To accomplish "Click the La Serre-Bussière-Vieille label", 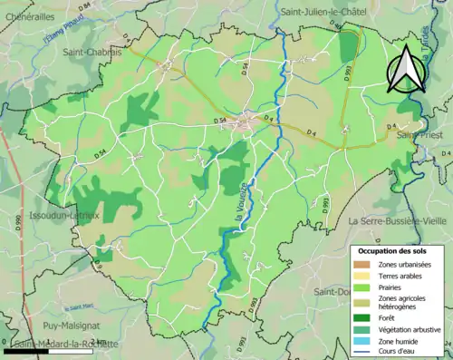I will (x=399, y=220).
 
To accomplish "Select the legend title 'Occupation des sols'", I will (x=400, y=249).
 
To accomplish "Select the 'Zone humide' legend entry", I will (x=404, y=343).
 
